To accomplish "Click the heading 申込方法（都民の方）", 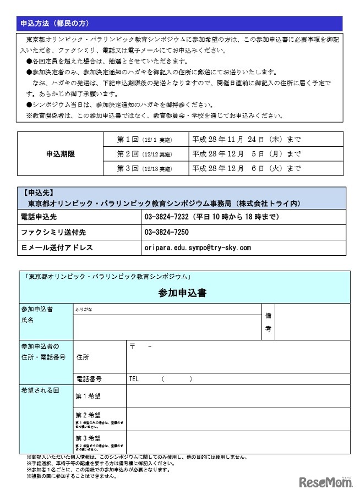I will [x=54, y=24].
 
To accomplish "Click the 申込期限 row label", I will [x=61, y=154].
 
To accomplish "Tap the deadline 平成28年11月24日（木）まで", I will [x=247, y=140].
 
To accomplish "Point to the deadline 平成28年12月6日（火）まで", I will [x=247, y=168].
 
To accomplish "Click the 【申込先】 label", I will [x=38, y=193].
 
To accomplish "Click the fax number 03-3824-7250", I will [x=166, y=233].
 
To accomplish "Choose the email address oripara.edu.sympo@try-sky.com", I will [x=198, y=248].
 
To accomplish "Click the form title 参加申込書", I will [x=182, y=293].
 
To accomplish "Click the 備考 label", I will [x=268, y=322].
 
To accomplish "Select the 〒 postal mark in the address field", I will [x=133, y=347].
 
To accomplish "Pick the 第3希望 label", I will [x=88, y=438].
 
